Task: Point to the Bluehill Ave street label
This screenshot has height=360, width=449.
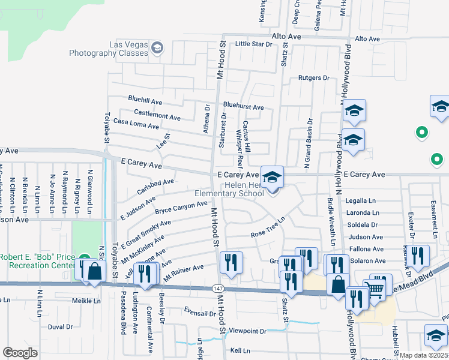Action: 145,100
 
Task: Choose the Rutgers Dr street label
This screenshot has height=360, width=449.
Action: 314,78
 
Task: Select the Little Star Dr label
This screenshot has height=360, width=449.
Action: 253,44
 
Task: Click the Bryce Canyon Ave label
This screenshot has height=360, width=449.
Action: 181,208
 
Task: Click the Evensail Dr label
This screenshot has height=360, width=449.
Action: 200,313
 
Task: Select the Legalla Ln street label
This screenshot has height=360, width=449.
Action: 361,201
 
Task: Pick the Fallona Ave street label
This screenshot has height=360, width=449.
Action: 365,249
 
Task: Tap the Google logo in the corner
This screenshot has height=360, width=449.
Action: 20,353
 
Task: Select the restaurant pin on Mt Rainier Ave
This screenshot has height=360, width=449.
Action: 230,262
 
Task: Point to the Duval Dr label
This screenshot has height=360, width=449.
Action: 60,327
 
